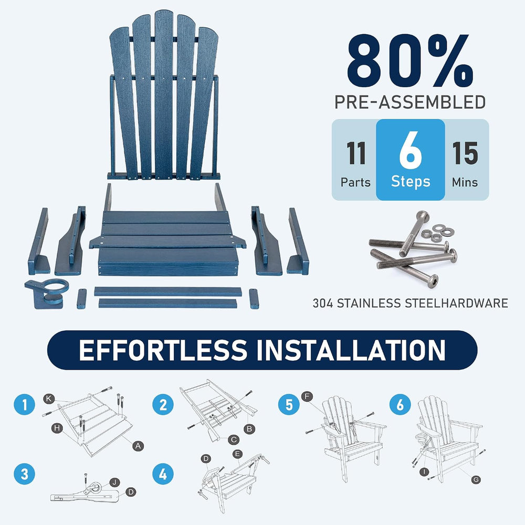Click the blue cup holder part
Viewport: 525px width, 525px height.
click(47, 292)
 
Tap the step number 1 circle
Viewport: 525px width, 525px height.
click(25, 404)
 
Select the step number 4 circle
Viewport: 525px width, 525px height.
click(163, 474)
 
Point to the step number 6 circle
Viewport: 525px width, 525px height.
click(400, 404)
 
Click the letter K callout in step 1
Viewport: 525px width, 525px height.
click(49, 398)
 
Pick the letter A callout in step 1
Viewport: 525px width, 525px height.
click(138, 446)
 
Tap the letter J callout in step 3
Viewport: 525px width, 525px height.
click(114, 482)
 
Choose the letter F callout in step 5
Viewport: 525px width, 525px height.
click(307, 397)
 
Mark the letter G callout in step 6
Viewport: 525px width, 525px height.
click(476, 479)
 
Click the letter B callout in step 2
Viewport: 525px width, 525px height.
click(249, 429)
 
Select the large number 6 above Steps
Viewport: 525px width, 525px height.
click(410, 150)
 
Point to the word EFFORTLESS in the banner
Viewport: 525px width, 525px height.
click(163, 350)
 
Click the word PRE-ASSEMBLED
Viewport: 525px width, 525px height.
click(410, 102)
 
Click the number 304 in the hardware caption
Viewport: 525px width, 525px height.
click(323, 303)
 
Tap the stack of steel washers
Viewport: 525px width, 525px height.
click(437, 233)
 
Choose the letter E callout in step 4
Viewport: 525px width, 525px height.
click(237, 454)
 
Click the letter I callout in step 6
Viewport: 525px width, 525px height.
click(424, 472)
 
